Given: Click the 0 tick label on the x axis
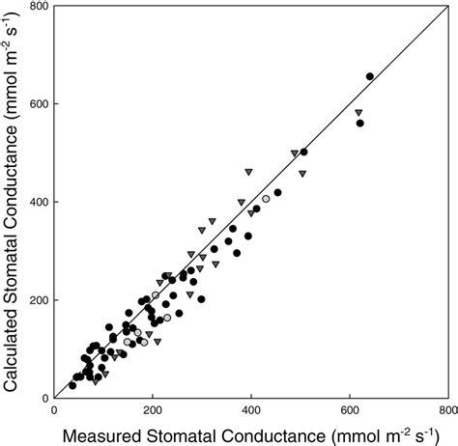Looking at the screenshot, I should click(54, 409).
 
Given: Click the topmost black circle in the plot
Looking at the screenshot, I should click(370, 76).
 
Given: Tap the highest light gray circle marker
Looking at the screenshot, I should click(266, 199).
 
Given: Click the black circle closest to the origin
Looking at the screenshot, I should click(72, 385).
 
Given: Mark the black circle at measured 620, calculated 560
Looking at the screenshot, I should click(359, 124).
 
